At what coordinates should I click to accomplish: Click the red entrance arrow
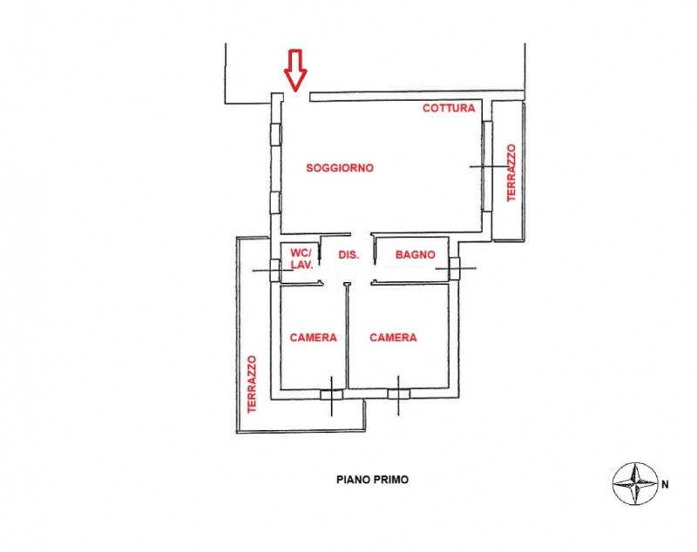pos(295,69)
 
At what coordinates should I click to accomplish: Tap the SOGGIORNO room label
pos(339,168)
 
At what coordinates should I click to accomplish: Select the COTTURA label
pos(449,108)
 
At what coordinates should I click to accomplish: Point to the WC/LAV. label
pos(301,259)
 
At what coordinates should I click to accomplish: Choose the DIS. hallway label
pos(348,255)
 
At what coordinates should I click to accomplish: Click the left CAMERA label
pos(314,338)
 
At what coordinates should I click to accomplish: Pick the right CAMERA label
pos(393,338)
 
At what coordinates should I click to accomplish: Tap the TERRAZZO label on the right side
pos(511,173)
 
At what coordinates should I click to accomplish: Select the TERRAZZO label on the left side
pos(251,384)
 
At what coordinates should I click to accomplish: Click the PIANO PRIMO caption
pos(372,480)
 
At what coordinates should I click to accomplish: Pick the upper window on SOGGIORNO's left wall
pos(276,133)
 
